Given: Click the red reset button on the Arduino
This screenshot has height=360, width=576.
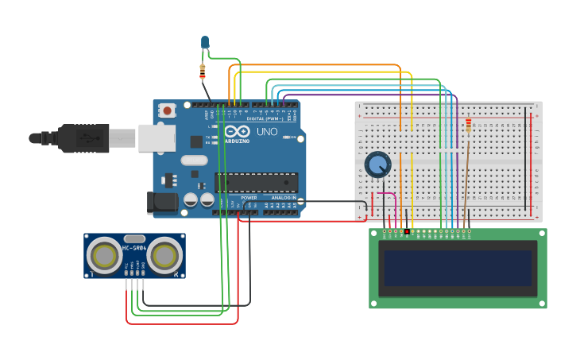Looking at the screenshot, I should [x=167, y=111].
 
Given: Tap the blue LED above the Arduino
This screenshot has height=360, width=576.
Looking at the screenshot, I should [x=205, y=42].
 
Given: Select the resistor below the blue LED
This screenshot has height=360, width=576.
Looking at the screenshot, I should [x=203, y=72].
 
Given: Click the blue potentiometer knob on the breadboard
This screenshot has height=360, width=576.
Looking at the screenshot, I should [x=378, y=165].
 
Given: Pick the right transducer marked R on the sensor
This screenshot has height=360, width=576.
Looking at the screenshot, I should [x=164, y=256].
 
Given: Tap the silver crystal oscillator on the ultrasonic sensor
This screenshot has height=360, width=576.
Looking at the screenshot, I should [x=134, y=238].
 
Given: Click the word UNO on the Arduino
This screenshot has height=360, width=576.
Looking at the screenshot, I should [x=267, y=132].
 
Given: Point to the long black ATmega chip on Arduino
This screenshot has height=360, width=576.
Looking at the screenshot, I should [x=256, y=183].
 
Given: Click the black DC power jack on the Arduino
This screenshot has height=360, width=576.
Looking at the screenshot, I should [x=163, y=202].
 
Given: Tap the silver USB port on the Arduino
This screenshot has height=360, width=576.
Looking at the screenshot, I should [x=157, y=137].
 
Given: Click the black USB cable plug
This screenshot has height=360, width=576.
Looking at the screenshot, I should [x=83, y=137].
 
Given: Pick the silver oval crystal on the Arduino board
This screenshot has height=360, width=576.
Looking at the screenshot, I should [x=194, y=160].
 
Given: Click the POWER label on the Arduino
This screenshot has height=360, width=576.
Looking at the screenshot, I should [x=249, y=197].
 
